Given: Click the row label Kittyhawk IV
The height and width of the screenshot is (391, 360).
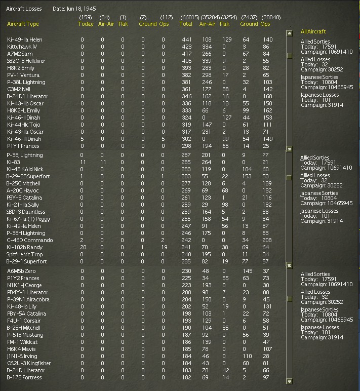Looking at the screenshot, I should (x=22, y=47).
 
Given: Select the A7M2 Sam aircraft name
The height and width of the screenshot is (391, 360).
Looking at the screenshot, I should (x=20, y=54).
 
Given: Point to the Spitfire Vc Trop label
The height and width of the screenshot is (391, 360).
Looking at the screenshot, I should (x=25, y=254).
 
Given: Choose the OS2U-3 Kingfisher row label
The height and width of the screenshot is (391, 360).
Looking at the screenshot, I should (x=29, y=363).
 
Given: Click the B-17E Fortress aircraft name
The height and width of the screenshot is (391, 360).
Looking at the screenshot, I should (x=24, y=377).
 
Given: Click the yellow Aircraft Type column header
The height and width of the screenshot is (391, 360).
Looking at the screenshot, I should (x=23, y=24).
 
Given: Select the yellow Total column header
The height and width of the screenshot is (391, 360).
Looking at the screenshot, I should (x=186, y=24).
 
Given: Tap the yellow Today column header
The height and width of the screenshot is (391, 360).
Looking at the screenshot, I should (x=86, y=24).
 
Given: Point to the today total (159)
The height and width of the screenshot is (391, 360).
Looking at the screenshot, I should (x=86, y=17).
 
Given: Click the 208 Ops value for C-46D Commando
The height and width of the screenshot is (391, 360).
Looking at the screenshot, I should (x=267, y=240).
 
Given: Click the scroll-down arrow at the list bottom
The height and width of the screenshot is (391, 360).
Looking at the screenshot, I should (x=290, y=381).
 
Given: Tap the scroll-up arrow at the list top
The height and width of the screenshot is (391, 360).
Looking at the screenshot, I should (x=290, y=33).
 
